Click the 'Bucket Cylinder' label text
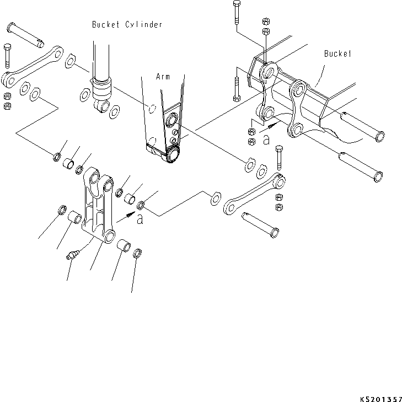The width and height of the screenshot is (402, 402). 127,25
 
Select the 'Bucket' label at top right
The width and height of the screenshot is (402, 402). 337,53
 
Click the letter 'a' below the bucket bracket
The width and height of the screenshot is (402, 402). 266,140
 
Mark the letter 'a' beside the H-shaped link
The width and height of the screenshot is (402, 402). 140,219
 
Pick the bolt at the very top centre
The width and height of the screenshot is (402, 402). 236,12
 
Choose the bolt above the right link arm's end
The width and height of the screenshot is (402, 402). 278,157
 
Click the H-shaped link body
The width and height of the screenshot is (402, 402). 97,210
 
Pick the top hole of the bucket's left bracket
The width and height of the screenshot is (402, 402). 270,72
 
